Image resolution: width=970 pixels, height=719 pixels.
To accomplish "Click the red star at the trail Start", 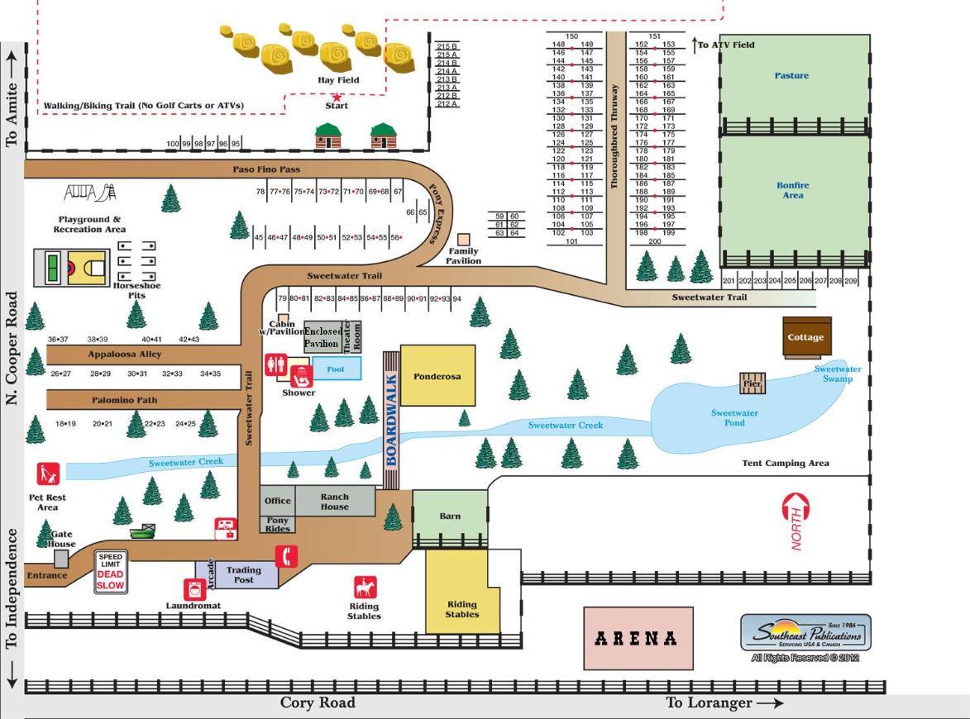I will coord(337,97).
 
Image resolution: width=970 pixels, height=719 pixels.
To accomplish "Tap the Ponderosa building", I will coord(437,375).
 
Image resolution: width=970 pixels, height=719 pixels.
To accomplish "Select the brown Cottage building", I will coord(806,337).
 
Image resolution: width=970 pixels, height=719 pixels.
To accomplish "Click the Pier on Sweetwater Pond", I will coord(753,383).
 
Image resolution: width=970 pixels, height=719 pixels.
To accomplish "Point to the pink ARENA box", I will coord(638,638).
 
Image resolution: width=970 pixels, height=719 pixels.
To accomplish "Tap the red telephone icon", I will coord(286,557).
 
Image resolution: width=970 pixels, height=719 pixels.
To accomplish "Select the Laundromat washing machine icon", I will coord(194,589).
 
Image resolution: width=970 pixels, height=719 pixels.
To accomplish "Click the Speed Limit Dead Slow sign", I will coord(110,572).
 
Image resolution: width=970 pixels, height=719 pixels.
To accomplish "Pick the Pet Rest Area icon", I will coord(49,474).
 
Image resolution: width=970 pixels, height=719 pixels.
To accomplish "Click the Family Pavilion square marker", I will coord(463,240).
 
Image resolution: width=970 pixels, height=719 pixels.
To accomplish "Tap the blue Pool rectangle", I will coord(336,369).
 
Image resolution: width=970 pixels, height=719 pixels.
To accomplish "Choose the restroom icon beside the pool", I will coord(275,364).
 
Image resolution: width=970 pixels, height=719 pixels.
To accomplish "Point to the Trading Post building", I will coord(244,574).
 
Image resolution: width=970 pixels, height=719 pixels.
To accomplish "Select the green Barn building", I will coord(450,517).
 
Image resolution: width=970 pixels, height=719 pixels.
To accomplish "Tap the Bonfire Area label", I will coord(792,190).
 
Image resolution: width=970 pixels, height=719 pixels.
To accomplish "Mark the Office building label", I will coord(277,501).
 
